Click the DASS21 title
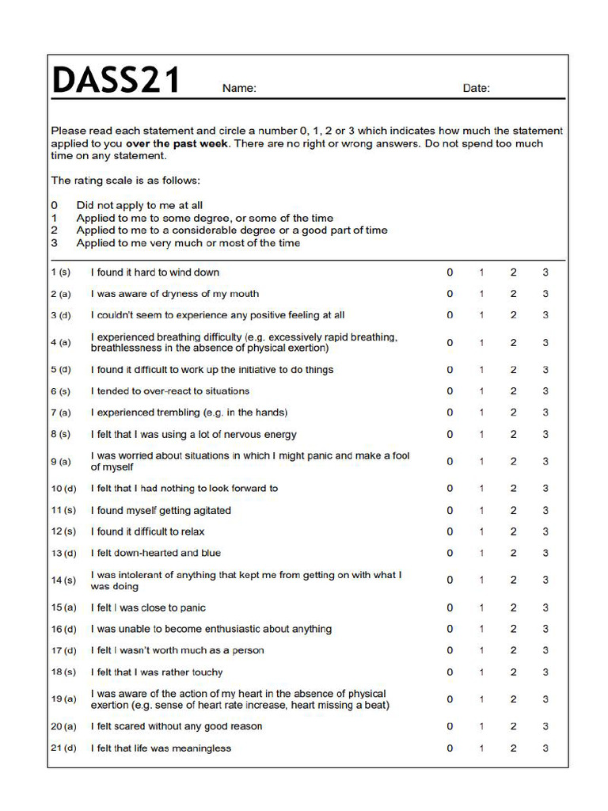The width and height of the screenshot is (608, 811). tap(116, 81)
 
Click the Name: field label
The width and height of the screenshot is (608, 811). tap(239, 89)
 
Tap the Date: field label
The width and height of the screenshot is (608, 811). tap(476, 89)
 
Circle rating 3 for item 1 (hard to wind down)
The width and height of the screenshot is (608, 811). tap(545, 272)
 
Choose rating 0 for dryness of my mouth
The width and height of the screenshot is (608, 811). tap(450, 294)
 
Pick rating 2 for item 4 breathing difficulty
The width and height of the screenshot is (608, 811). tap(513, 343)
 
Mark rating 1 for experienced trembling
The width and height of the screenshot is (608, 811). tap(481, 413)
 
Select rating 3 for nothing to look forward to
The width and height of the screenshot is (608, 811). tap(545, 489)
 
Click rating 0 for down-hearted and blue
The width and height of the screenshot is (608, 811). tap(450, 553)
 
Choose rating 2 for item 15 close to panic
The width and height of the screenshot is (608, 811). tap(513, 608)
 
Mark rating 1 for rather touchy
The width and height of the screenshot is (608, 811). tap(481, 672)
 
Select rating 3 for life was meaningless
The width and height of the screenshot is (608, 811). tap(545, 748)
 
